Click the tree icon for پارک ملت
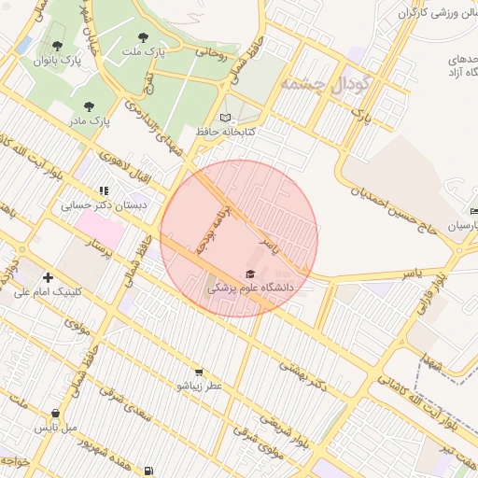pos(142,38)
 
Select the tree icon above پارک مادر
pos(89,106)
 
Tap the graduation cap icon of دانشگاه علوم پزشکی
pos(249,274)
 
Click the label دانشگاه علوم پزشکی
pos(249,288)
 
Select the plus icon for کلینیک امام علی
pos(48,277)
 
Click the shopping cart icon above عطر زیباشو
pos(198,372)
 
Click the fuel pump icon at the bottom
pos(148,470)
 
